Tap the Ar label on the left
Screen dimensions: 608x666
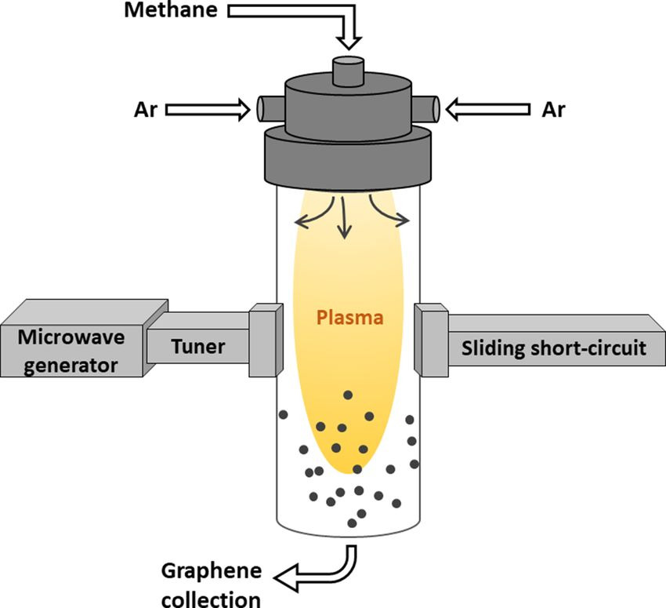tap(147, 109)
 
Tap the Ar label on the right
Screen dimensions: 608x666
tap(553, 109)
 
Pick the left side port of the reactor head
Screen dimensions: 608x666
tap(262, 107)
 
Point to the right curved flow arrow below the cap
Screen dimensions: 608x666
tap(389, 216)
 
